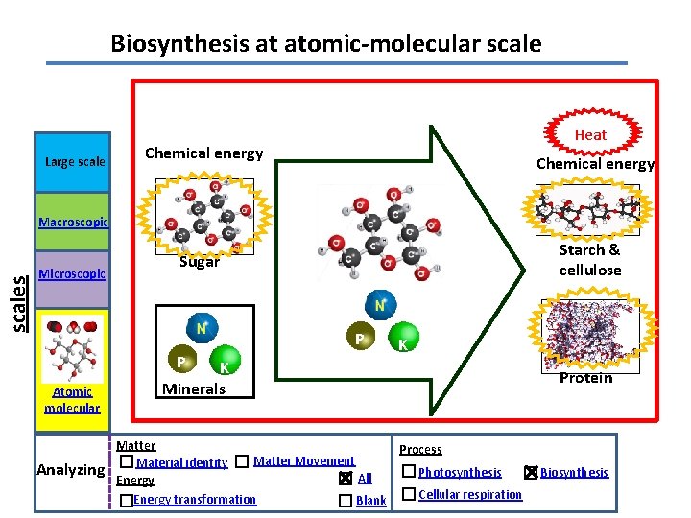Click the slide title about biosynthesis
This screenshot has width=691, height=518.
(x=325, y=43)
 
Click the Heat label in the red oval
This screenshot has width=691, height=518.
(x=590, y=134)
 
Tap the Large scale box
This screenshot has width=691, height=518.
(x=75, y=161)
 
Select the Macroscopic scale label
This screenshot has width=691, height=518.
(x=73, y=223)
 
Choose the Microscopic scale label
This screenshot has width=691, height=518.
(x=71, y=274)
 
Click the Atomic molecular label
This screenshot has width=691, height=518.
(x=72, y=399)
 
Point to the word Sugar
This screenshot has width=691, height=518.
(x=200, y=261)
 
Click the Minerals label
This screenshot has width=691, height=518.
(x=194, y=388)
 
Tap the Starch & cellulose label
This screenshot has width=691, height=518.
(x=589, y=260)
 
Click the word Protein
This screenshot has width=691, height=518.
(x=585, y=377)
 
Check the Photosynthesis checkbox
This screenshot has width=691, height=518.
(x=409, y=471)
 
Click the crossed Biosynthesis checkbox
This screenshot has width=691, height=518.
(x=531, y=471)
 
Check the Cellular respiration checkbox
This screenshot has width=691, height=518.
(x=409, y=494)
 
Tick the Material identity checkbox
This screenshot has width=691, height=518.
(x=127, y=462)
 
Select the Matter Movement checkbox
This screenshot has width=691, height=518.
(x=242, y=461)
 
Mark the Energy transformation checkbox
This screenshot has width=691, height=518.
(x=127, y=500)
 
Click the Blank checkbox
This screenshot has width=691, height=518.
(x=345, y=500)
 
